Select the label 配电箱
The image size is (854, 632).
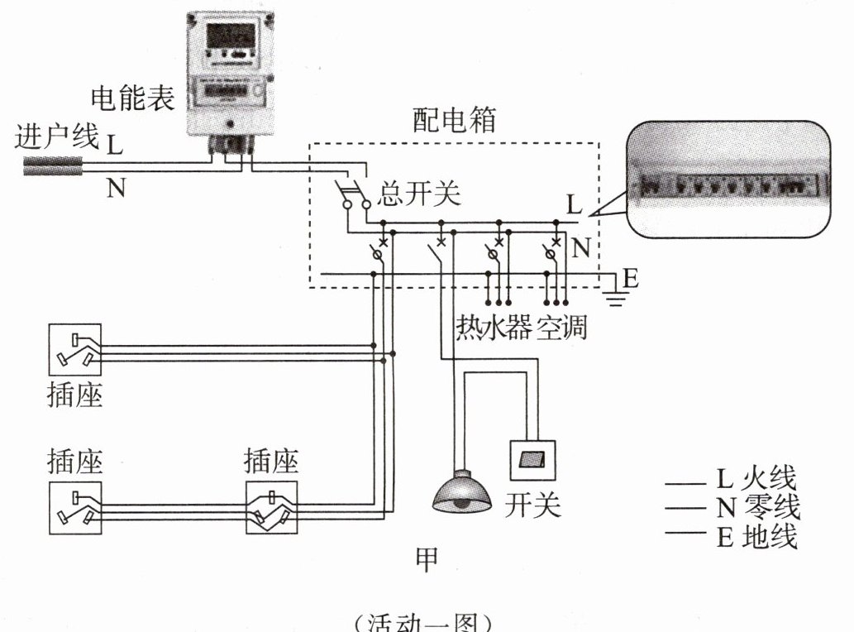454,121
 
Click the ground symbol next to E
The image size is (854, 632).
613,289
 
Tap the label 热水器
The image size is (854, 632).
494,328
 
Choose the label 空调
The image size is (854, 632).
562,328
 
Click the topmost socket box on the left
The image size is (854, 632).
75,350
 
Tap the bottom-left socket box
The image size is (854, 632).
75,507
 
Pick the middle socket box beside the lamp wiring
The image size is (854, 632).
270,507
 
